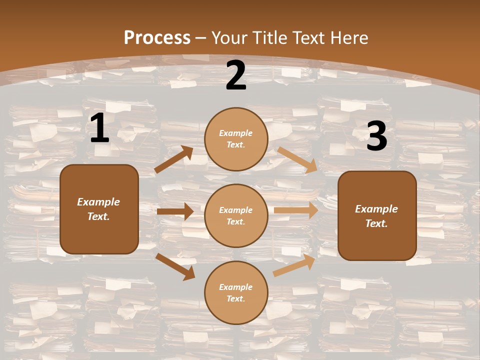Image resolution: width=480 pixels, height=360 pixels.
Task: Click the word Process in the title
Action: pyautogui.click(x=157, y=38)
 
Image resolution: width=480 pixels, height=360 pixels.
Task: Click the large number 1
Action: pyautogui.click(x=100, y=129)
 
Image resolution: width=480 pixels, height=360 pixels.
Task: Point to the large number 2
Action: pyautogui.click(x=236, y=76)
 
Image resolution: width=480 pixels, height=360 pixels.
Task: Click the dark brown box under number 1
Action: pyautogui.click(x=99, y=209)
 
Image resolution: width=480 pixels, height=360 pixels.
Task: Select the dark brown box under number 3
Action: pyautogui.click(x=377, y=215)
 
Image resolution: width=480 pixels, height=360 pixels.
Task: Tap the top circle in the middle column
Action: pyautogui.click(x=236, y=139)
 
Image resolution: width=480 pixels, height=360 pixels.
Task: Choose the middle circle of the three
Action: pyautogui.click(x=236, y=215)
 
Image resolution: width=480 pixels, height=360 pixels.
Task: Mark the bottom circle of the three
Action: pyautogui.click(x=236, y=292)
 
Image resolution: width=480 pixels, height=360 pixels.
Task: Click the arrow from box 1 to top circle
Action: pyautogui.click(x=173, y=159)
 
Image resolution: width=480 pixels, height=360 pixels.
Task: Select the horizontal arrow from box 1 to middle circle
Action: pyautogui.click(x=175, y=211)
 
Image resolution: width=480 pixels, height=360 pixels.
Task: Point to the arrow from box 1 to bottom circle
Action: pyautogui.click(x=175, y=266)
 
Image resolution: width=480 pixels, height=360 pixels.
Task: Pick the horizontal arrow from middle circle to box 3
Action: pyautogui.click(x=296, y=210)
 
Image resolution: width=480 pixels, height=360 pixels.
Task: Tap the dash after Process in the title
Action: pyautogui.click(x=201, y=38)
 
